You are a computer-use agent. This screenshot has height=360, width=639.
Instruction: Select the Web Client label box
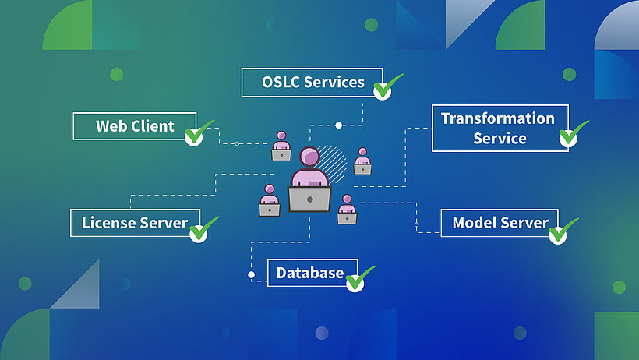(x=134, y=126)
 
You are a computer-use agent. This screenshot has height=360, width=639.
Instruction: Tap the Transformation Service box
(x=499, y=128)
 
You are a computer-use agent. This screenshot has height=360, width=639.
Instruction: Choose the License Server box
(x=134, y=223)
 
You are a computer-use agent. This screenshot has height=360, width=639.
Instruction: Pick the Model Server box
(x=499, y=223)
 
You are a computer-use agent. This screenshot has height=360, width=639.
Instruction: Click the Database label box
(x=311, y=273)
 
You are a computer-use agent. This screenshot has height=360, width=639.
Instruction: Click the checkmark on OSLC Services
(x=383, y=88)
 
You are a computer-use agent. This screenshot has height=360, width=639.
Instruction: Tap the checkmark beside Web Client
(x=195, y=135)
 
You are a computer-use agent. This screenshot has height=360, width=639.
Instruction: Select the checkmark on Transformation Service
(x=570, y=137)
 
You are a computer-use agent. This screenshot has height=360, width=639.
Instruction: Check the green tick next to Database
(x=356, y=281)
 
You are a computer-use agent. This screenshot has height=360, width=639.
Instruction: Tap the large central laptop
(x=309, y=199)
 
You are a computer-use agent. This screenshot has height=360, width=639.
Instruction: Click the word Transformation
(x=498, y=118)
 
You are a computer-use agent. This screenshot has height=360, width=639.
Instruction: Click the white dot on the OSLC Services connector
(x=338, y=125)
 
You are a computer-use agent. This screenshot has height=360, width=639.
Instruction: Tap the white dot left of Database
(x=251, y=274)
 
